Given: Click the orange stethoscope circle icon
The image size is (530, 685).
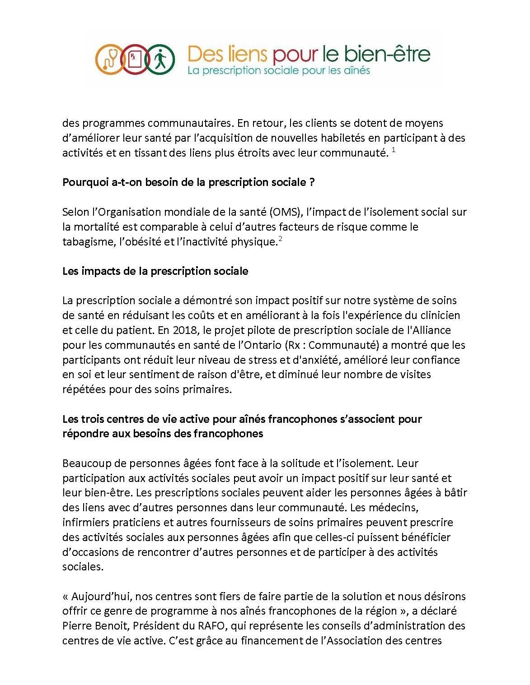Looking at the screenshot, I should click(x=110, y=59).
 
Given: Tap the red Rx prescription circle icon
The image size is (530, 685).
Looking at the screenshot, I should click(x=135, y=59).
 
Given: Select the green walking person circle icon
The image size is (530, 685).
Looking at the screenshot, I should click(x=159, y=59).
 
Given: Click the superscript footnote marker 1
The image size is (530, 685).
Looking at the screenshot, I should click(x=394, y=150).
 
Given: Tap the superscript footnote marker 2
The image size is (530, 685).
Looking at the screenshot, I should click(x=280, y=239).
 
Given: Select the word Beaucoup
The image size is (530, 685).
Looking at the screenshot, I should click(x=84, y=463).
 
